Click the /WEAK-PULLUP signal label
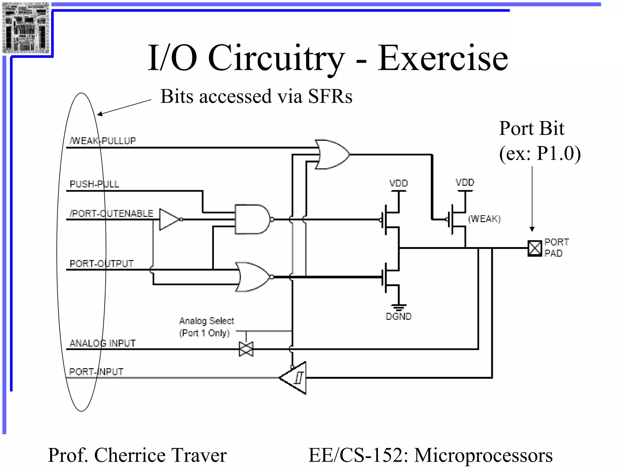pyautogui.click(x=103, y=141)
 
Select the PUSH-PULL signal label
pyautogui.click(x=94, y=184)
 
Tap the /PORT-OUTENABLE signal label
pyautogui.click(x=111, y=213)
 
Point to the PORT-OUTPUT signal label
pyautogui.click(x=102, y=264)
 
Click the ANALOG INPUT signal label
pyautogui.click(x=103, y=343)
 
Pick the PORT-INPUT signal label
pyautogui.click(x=96, y=372)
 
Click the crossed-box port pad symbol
pyautogui.click(x=534, y=248)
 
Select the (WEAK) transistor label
pyautogui.click(x=484, y=219)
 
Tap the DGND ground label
pyautogui.click(x=398, y=317)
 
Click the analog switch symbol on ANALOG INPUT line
pyautogui.click(x=246, y=349)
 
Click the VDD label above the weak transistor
pyautogui.click(x=465, y=183)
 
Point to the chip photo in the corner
pyautogui.click(x=26, y=28)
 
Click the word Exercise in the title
pyautogui.click(x=443, y=58)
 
